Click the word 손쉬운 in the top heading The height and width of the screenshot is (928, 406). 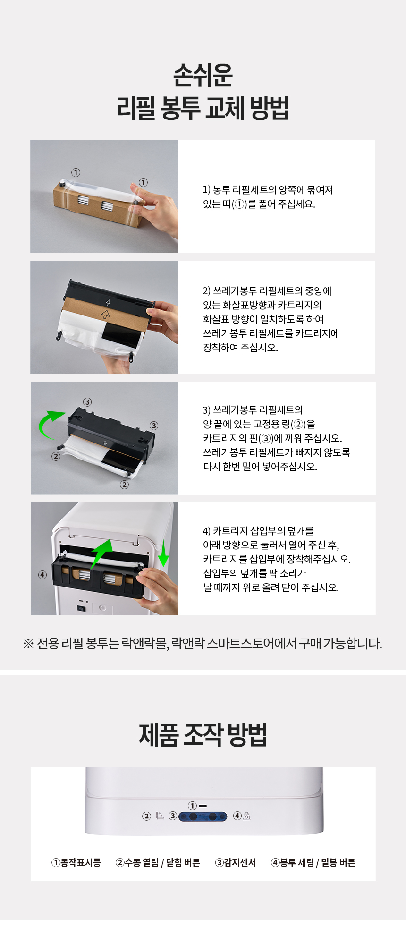(203, 75)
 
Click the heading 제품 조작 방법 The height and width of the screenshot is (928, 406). (203, 735)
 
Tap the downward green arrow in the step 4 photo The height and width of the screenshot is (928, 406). (163, 553)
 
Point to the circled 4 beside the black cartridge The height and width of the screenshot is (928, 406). (42, 575)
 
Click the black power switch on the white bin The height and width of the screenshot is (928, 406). (81, 608)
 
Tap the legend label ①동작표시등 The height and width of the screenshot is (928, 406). (76, 862)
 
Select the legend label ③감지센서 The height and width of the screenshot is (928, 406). (236, 862)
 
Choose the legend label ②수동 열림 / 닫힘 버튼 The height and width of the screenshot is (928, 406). (158, 862)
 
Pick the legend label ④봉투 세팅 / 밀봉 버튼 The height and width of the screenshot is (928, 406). (313, 862)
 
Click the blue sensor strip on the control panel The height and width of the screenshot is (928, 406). (203, 816)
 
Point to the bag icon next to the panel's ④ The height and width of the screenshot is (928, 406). (246, 816)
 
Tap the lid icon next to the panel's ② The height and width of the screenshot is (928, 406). (160, 816)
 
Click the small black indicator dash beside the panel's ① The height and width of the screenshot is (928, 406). (203, 806)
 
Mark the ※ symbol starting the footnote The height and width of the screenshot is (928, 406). (28, 643)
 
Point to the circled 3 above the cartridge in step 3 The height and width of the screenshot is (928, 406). (87, 402)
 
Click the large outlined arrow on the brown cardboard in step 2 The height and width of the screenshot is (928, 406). (106, 314)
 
